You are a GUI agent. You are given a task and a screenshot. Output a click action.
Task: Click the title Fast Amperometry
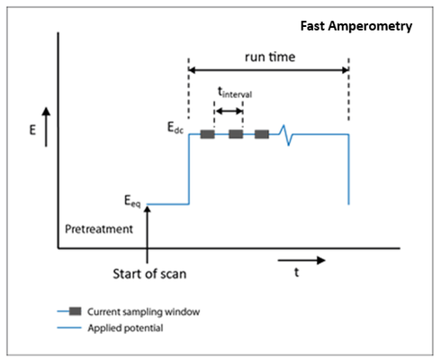coord(356,26)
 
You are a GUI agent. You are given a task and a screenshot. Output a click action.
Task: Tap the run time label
coord(270,57)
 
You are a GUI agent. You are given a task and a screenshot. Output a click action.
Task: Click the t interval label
coord(235,93)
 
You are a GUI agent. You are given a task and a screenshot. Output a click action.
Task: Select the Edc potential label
coord(175,127)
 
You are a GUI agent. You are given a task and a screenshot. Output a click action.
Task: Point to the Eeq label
coord(132,201)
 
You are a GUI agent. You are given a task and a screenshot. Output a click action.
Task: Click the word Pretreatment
coord(99,229)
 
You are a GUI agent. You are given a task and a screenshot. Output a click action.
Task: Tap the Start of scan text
coord(149,274)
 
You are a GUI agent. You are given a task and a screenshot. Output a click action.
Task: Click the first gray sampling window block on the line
coord(207,134)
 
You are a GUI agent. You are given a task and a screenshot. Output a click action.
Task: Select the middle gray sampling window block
coord(236,134)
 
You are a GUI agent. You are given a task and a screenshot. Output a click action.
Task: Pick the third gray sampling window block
coord(262,134)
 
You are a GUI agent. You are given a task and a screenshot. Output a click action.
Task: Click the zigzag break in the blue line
coord(286,135)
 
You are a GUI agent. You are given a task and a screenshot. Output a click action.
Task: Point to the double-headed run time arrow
coord(268,70)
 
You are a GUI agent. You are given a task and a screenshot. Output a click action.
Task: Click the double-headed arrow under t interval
coord(229,112)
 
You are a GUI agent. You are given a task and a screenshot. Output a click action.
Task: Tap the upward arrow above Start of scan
coord(147,235)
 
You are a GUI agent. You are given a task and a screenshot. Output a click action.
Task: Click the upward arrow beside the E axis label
coord(46,127)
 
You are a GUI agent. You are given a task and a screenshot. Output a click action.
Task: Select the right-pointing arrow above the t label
coord(301,260)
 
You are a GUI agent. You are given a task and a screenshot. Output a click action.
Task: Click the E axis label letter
coord(32,130)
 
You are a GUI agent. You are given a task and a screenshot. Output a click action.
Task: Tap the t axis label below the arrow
coord(296,273)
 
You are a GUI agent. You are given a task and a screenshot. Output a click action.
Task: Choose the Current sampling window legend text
coord(143,312)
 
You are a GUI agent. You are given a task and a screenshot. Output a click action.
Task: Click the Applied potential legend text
coord(125,328)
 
